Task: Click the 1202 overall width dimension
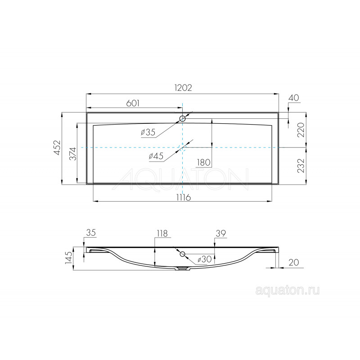click(x=183, y=88)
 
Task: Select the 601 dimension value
click(x=133, y=103)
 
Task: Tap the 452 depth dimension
click(x=57, y=148)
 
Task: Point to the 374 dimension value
click(x=72, y=153)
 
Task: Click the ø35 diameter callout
click(x=148, y=132)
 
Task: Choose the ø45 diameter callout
click(x=156, y=156)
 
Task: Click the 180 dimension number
click(x=204, y=162)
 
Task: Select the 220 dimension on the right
click(x=301, y=130)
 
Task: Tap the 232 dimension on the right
click(x=301, y=165)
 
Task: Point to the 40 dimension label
click(x=294, y=98)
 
